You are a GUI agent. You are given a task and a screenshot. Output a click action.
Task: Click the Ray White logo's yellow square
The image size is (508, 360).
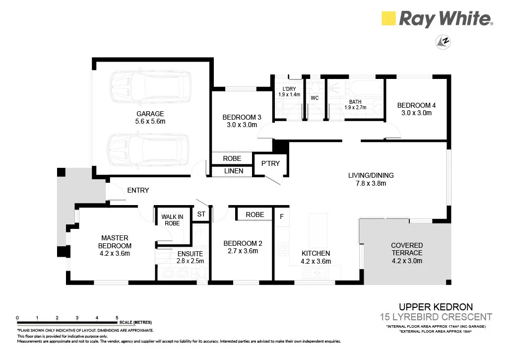coord(388,18)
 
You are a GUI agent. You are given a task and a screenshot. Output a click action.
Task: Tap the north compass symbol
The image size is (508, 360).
coord(443,42)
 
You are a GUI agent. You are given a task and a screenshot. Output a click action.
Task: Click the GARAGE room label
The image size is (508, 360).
coord(150,114)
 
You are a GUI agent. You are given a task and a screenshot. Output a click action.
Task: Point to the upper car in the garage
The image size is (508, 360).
coord(150,87)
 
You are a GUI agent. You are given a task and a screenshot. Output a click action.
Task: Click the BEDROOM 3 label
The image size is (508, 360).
coord(242,117)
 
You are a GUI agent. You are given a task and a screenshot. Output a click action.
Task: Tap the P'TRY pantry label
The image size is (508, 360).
coord(270,163)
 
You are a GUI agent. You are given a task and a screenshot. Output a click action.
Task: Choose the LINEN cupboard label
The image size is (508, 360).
coord(234,171)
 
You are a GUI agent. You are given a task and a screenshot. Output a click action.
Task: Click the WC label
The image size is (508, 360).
coord(315,98)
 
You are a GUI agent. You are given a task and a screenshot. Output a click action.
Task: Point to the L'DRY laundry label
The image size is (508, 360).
coord(289,89)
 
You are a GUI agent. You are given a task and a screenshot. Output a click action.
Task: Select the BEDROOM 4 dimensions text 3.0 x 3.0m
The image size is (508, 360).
coord(416,113)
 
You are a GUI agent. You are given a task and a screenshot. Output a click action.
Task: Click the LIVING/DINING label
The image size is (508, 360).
coord(371,175)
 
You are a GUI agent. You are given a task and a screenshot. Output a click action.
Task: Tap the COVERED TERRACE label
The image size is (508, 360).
coord(407,249)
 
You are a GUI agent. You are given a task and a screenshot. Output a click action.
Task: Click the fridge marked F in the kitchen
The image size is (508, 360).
coord(282,216)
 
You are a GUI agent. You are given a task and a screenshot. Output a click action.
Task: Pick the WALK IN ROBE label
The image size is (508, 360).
coord(172,220)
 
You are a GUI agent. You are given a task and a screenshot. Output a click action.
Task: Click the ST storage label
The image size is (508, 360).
coord(201,214)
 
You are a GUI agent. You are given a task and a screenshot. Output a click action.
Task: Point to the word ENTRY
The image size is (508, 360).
coord(138,190)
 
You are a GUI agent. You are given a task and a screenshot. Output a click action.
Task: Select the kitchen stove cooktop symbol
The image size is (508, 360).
coord(282,249)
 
